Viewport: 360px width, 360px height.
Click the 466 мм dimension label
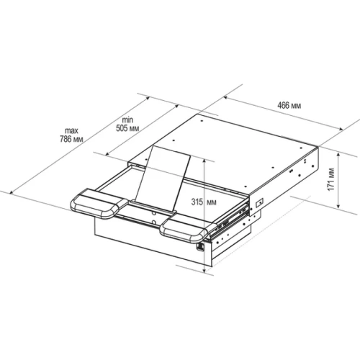click(289, 105)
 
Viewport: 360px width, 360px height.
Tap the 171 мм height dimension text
click(331, 179)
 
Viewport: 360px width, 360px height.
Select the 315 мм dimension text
click(204, 202)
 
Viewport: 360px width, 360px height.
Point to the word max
click(71, 131)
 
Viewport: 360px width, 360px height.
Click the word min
click(127, 120)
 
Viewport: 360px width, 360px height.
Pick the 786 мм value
click(71, 139)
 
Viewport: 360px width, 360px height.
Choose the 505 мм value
click(127, 128)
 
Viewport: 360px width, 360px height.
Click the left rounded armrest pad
click(99, 203)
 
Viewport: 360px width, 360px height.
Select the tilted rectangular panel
click(163, 179)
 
